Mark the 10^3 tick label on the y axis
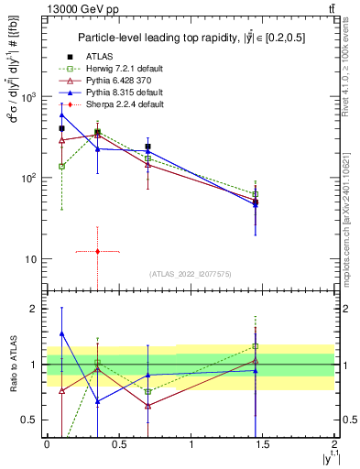[29, 96]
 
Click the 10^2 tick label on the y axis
[29, 178]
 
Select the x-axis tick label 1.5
[263, 444]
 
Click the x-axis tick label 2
[336, 444]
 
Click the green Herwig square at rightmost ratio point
[256, 346]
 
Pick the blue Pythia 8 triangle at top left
[61, 115]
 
